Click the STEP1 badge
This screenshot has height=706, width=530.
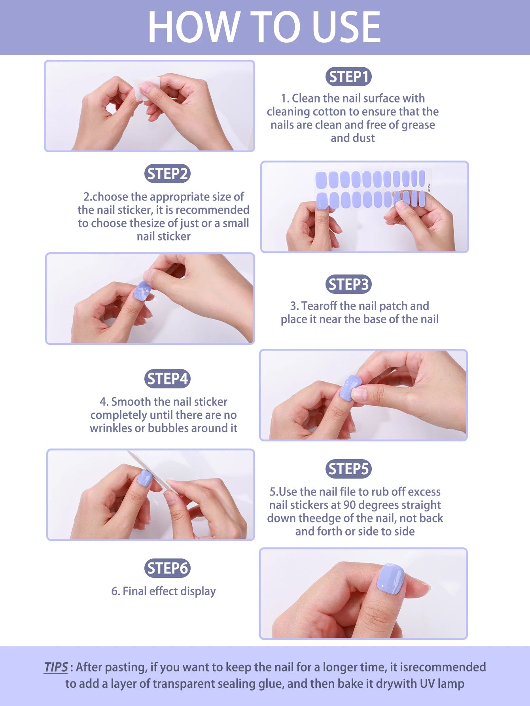(348, 77)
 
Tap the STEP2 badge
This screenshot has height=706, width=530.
(167, 174)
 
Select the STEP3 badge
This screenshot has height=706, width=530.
(348, 284)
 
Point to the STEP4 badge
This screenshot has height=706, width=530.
(167, 379)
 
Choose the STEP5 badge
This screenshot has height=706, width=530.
(348, 469)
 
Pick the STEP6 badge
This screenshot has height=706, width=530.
(167, 568)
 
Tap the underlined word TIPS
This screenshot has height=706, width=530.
(56, 667)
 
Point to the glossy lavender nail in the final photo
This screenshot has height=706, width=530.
(390, 579)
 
